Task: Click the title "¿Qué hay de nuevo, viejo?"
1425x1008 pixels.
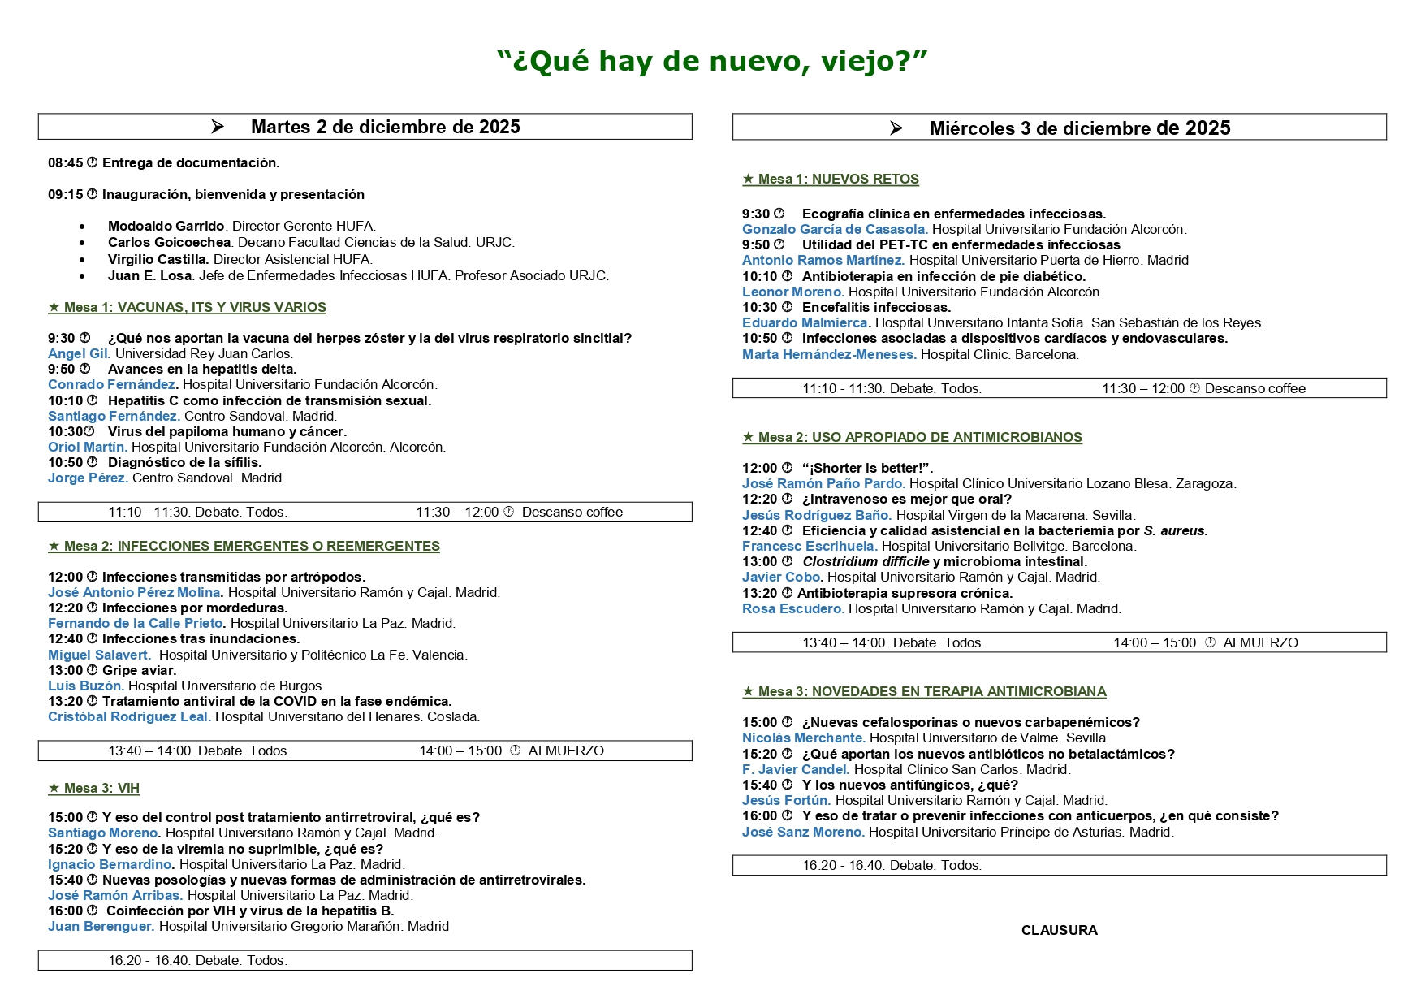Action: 712,61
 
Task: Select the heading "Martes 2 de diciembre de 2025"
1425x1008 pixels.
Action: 385,127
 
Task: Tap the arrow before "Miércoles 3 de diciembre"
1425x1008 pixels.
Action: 896,128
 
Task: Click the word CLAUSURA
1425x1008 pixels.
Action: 1059,930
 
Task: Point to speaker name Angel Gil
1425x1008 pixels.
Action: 78,353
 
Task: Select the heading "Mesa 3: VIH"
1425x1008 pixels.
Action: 94,788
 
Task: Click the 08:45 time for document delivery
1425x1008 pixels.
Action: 65,162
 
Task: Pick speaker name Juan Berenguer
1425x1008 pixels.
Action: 100,926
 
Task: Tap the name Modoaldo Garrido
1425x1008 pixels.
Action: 166,226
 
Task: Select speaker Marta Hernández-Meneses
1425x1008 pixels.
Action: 828,354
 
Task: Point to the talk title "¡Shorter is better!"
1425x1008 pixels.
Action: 867,468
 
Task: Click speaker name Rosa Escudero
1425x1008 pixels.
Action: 792,608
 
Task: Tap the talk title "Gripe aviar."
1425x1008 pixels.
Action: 139,670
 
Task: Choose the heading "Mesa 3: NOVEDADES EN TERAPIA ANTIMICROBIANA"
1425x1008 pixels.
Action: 924,691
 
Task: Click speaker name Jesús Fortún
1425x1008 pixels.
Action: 785,800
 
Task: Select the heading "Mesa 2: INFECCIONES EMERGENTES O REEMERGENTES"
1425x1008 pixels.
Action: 244,546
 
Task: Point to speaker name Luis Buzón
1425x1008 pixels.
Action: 85,686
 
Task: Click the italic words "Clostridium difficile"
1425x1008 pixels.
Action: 866,561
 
